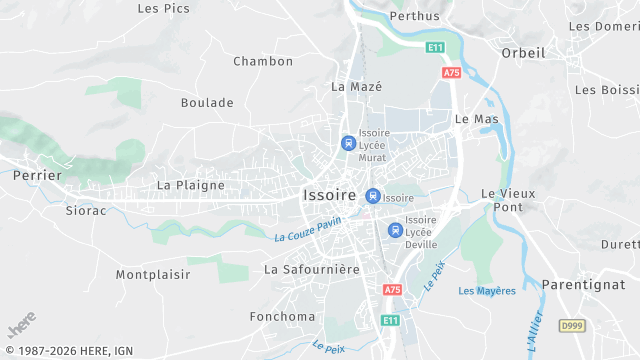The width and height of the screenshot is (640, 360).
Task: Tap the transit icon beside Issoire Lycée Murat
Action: (x=348, y=143)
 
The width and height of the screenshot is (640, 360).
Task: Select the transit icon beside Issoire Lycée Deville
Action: (x=394, y=229)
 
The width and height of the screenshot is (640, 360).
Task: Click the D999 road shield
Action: (x=571, y=326)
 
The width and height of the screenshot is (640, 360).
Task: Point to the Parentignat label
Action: (x=583, y=285)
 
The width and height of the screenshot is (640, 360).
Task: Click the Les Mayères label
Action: (x=487, y=291)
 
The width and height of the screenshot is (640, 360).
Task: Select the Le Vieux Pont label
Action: (x=508, y=200)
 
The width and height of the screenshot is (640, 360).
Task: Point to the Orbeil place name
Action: (x=523, y=53)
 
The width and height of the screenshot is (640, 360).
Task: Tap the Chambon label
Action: (x=263, y=61)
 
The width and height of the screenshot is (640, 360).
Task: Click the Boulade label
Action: (x=207, y=102)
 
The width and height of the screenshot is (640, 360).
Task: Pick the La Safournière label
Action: (x=311, y=270)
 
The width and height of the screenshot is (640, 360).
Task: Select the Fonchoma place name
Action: (x=283, y=317)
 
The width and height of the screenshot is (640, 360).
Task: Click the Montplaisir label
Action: (x=152, y=274)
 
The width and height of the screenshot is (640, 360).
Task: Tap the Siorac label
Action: (x=86, y=211)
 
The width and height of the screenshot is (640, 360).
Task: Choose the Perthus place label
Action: (x=414, y=16)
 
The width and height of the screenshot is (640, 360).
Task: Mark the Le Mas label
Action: (x=476, y=119)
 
